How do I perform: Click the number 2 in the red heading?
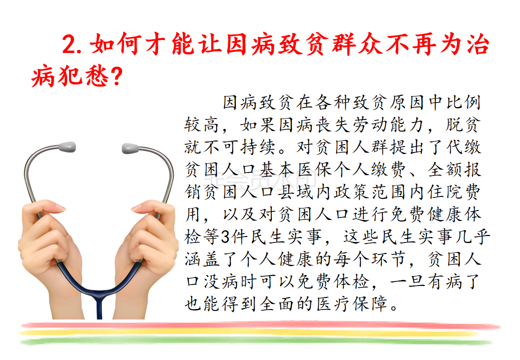(x=69, y=44)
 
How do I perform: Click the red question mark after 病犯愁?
(x=117, y=76)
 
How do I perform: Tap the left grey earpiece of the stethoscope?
(x=67, y=146)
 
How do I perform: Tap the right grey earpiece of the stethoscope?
(x=130, y=148)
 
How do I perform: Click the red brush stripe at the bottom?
(x=260, y=326)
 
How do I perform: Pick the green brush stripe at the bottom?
(x=255, y=340)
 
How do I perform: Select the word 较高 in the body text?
(x=202, y=125)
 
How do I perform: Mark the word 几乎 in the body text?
(x=474, y=237)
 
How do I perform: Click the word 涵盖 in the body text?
(x=202, y=259)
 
